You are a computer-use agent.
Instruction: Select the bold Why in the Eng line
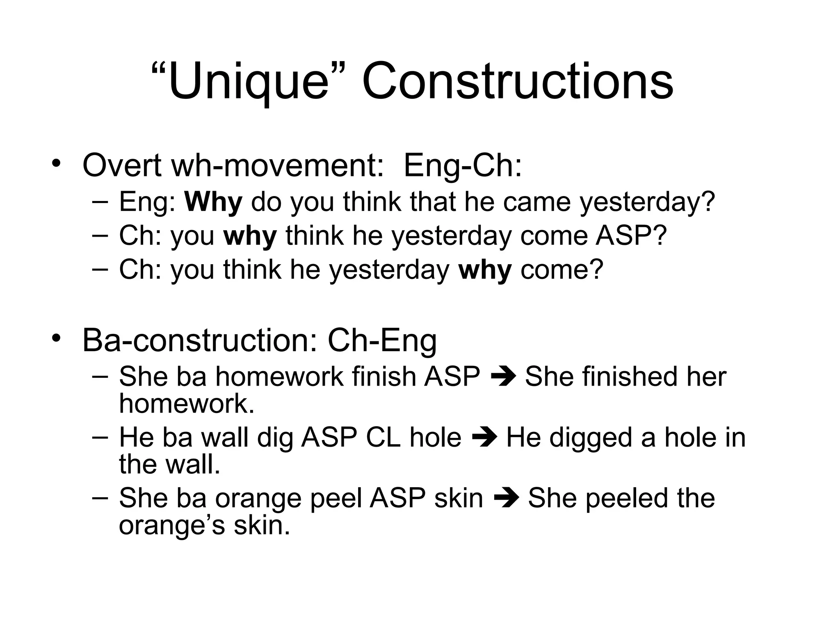[213, 202]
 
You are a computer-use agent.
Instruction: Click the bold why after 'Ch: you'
[250, 236]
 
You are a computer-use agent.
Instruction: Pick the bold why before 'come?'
[485, 270]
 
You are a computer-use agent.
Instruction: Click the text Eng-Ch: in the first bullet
[463, 165]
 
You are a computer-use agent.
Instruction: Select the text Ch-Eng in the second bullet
[382, 340]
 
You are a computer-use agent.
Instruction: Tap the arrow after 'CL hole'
[484, 438]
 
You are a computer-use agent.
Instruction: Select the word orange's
[171, 525]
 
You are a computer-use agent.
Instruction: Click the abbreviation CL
[383, 438]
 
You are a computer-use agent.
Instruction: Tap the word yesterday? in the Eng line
[647, 202]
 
